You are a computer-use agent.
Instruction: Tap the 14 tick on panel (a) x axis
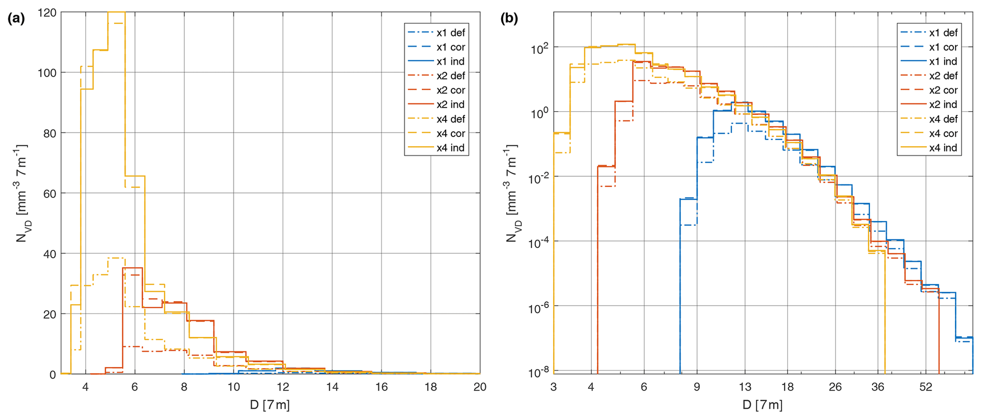pyautogui.click(x=332, y=387)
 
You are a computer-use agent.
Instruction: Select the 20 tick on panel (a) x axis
pyautogui.click(x=480, y=387)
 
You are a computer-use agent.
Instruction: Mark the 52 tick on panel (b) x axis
pyautogui.click(x=925, y=387)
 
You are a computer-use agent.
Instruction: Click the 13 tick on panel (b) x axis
pyautogui.click(x=744, y=387)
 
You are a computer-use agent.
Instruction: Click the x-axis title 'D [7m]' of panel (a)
pyautogui.click(x=270, y=405)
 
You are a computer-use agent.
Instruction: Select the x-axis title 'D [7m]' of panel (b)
pyautogui.click(x=763, y=405)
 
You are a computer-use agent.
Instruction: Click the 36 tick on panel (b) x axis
pyautogui.click(x=878, y=387)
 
